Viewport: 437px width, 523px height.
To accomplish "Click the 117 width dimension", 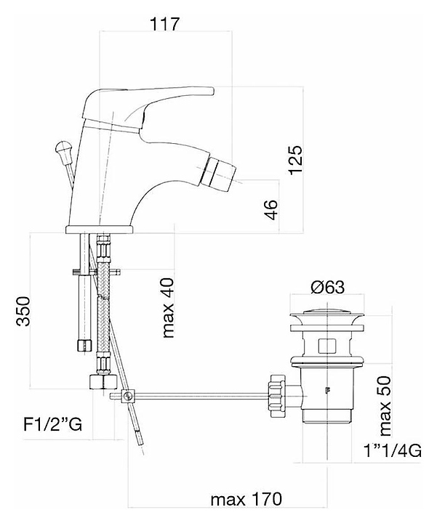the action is pyautogui.click(x=164, y=24).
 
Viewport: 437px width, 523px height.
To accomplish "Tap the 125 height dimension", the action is pyautogui.click(x=296, y=160).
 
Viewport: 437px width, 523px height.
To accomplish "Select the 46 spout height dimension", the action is pyautogui.click(x=273, y=210).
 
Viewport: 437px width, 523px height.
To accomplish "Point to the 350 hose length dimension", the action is pyautogui.click(x=24, y=311).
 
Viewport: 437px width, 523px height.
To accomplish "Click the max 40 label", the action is pyautogui.click(x=168, y=307).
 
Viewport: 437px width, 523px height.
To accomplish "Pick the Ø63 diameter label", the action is pyautogui.click(x=327, y=287).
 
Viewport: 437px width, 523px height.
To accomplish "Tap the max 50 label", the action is pyautogui.click(x=385, y=405).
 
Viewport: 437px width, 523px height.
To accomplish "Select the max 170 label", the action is pyautogui.click(x=246, y=499).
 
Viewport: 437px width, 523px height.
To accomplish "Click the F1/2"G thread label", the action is pyautogui.click(x=53, y=425).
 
